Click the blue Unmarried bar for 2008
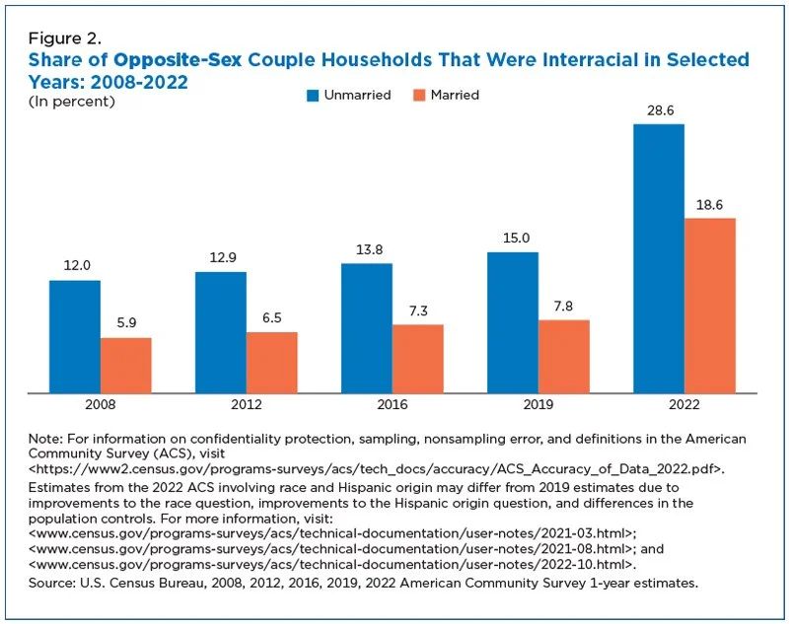(x=75, y=337)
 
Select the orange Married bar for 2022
(x=709, y=306)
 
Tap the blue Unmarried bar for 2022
(x=659, y=258)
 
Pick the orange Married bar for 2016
(x=417, y=359)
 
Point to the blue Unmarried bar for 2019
(x=513, y=322)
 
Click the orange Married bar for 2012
(x=272, y=363)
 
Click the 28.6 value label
(x=660, y=110)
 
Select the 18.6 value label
(x=709, y=205)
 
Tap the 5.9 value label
(x=126, y=322)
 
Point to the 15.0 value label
(x=516, y=238)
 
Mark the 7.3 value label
(x=418, y=311)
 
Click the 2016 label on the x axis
(x=393, y=404)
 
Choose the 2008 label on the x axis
(x=101, y=404)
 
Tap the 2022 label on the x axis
(x=684, y=404)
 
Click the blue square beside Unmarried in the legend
(x=313, y=96)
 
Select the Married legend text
(x=455, y=95)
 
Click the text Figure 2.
(x=65, y=38)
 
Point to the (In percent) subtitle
(x=71, y=102)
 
